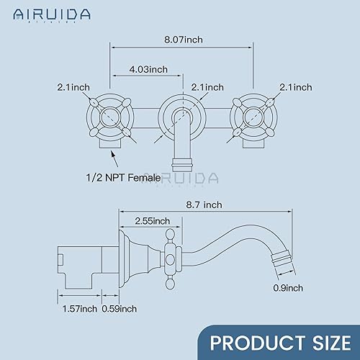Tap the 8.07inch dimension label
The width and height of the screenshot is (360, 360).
tap(184, 40)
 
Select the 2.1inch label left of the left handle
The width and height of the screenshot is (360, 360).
tap(73, 87)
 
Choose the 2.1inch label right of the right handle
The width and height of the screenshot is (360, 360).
tap(294, 87)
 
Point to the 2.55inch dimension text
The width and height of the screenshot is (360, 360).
tap(150, 220)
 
